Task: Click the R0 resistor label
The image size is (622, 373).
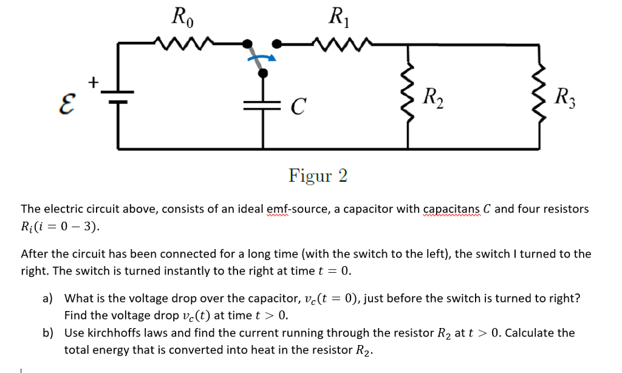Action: pyautogui.click(x=182, y=17)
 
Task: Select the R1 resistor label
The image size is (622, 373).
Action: pyautogui.click(x=337, y=17)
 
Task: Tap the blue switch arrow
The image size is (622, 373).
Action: pyautogui.click(x=262, y=58)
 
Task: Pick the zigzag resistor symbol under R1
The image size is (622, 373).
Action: pyautogui.click(x=338, y=43)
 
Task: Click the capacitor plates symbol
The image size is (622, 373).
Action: pyautogui.click(x=263, y=104)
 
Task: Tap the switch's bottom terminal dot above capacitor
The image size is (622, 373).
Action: pyautogui.click(x=263, y=73)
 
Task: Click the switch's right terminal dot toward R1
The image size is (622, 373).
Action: pyautogui.click(x=277, y=44)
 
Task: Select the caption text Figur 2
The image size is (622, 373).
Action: pyautogui.click(x=318, y=176)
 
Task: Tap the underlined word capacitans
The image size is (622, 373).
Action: pyautogui.click(x=451, y=209)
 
